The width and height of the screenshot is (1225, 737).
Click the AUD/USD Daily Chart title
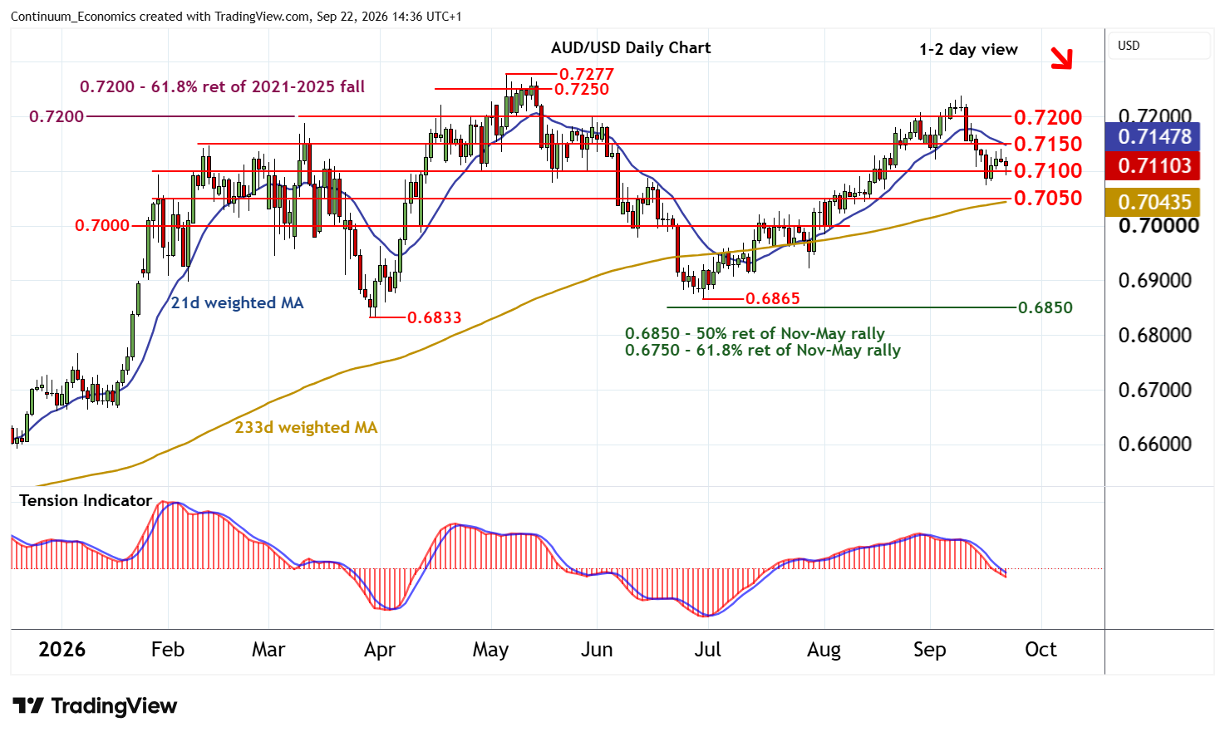(631, 48)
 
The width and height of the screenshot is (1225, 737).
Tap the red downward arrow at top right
(1061, 58)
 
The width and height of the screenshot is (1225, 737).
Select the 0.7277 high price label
(586, 74)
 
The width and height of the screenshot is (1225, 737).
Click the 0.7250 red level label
(581, 89)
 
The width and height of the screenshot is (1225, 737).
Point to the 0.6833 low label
(434, 317)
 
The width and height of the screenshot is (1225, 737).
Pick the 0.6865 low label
(772, 298)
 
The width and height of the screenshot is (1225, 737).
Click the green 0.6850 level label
(1045, 307)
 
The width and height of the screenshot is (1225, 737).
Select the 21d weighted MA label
(237, 303)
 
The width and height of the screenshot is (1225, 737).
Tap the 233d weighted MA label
(306, 428)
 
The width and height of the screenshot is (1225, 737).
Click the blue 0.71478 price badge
(1152, 137)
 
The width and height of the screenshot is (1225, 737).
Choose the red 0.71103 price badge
(1152, 165)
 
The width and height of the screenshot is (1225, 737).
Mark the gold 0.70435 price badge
(1152, 202)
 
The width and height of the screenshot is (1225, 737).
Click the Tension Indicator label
(86, 501)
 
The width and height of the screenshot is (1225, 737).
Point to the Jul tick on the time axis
(707, 650)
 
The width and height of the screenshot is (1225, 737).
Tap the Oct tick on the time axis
(1041, 650)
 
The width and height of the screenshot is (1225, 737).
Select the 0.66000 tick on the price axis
(1154, 444)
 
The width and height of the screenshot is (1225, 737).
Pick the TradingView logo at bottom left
(95, 705)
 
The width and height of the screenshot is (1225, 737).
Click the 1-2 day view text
(968, 50)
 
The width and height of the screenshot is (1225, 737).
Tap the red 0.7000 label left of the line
(101, 226)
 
